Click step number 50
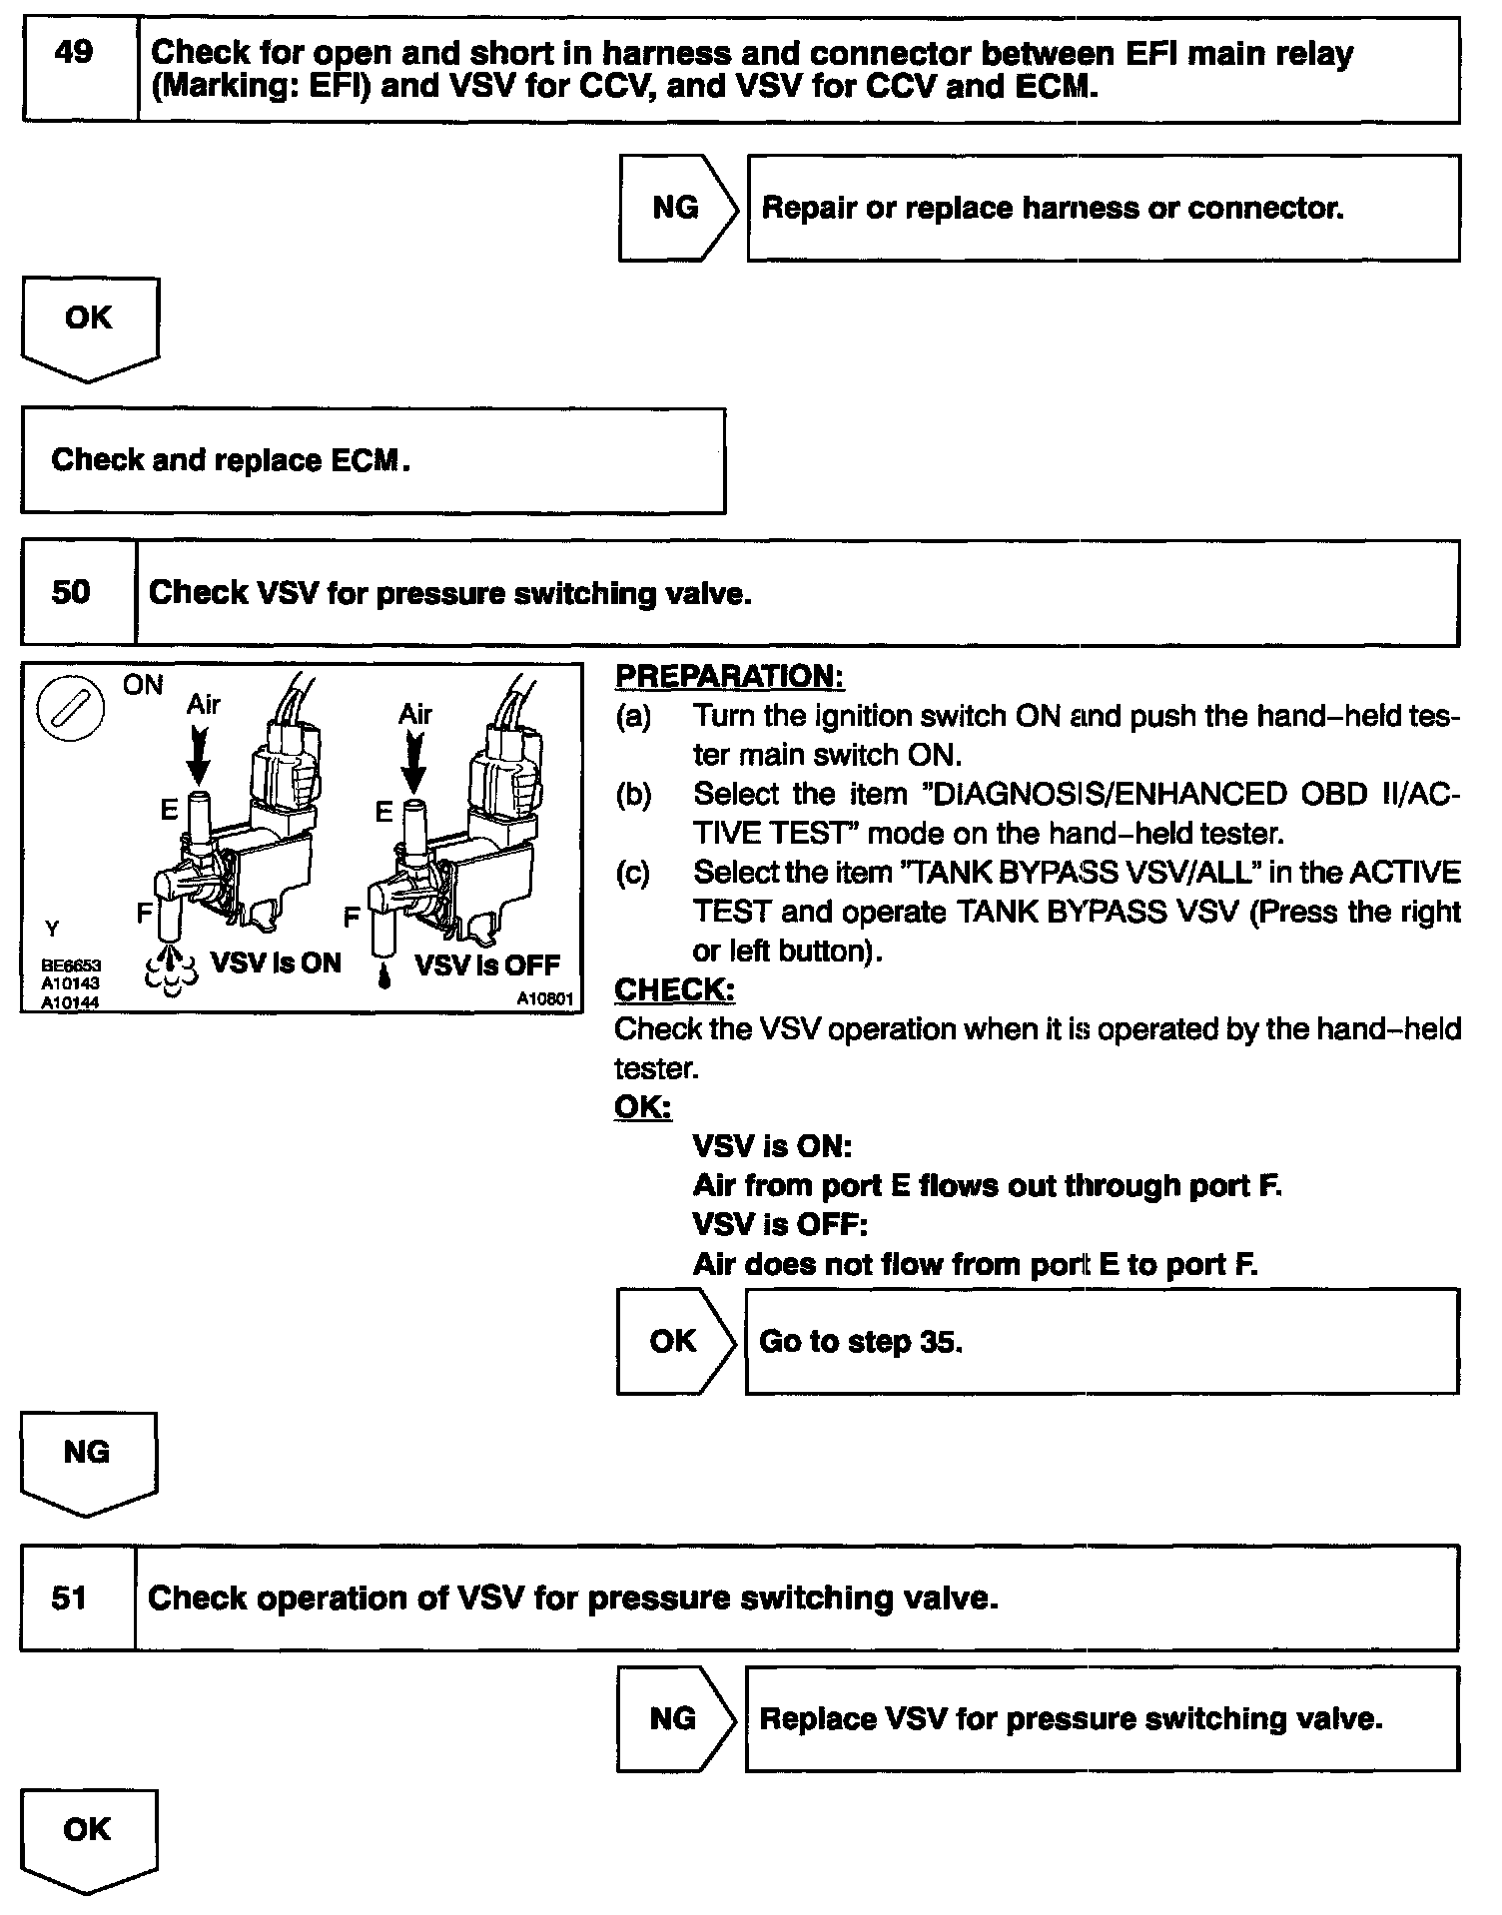[x=70, y=592]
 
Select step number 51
[x=69, y=1597]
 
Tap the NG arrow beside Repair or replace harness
[x=677, y=208]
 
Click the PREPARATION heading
[x=729, y=676]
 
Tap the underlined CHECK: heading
[x=674, y=989]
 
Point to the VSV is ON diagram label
[x=276, y=963]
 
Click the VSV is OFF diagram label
[x=486, y=965]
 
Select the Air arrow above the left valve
[x=200, y=754]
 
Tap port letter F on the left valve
[x=145, y=912]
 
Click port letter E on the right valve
[x=383, y=813]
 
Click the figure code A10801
[x=545, y=997]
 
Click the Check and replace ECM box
[x=373, y=460]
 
